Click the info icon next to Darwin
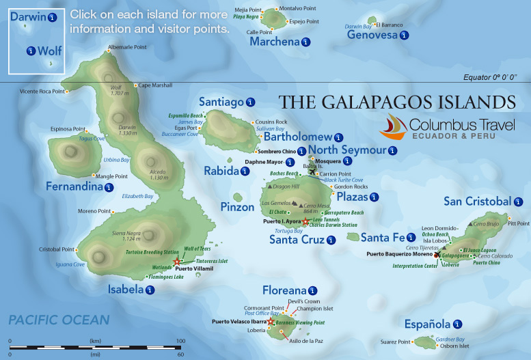pos(53,16)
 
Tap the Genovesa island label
pos(371,35)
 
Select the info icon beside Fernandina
pos(108,186)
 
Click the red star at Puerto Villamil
pos(177,261)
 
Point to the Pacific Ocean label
pos(59,320)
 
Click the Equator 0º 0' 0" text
pos(494,77)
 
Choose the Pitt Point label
pos(518,223)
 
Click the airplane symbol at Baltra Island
pos(313,171)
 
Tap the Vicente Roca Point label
pos(42,91)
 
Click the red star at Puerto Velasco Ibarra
pos(271,321)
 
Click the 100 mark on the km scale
pos(180,340)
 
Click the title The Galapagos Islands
pos(398,102)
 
